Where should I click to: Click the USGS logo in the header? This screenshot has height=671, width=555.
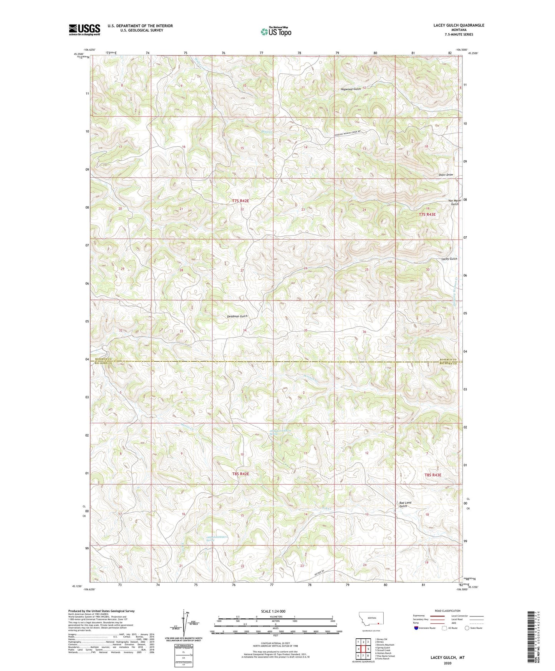(x=84, y=30)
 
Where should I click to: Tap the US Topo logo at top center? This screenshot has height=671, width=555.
(x=275, y=32)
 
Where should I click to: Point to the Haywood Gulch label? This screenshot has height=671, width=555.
(x=351, y=89)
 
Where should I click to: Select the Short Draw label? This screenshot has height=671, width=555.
(x=446, y=175)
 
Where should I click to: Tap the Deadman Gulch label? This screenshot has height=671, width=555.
(x=237, y=316)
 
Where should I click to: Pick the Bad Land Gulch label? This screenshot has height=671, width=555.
(x=405, y=504)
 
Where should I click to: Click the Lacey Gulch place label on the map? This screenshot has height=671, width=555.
(x=449, y=259)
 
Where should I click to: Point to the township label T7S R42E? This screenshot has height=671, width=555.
(x=240, y=201)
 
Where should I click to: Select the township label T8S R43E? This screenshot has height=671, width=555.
(x=432, y=475)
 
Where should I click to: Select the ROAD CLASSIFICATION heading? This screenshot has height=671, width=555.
(x=447, y=611)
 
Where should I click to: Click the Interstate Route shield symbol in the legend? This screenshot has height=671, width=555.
(x=416, y=628)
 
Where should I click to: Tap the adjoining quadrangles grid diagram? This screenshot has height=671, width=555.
(x=363, y=650)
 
